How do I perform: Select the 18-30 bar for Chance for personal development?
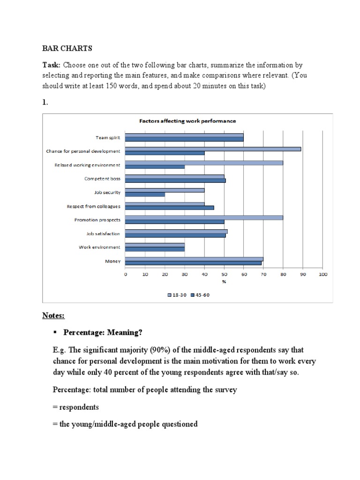213,149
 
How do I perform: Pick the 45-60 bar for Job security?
145,195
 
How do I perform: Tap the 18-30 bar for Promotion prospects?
204,217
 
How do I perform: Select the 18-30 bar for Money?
194,258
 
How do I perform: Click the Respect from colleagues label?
94,206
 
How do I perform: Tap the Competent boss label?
102,179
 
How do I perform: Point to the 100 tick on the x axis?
322,274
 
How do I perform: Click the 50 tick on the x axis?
224,274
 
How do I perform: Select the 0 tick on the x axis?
126,274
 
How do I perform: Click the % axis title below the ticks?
224,282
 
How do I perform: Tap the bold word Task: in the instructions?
52,65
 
